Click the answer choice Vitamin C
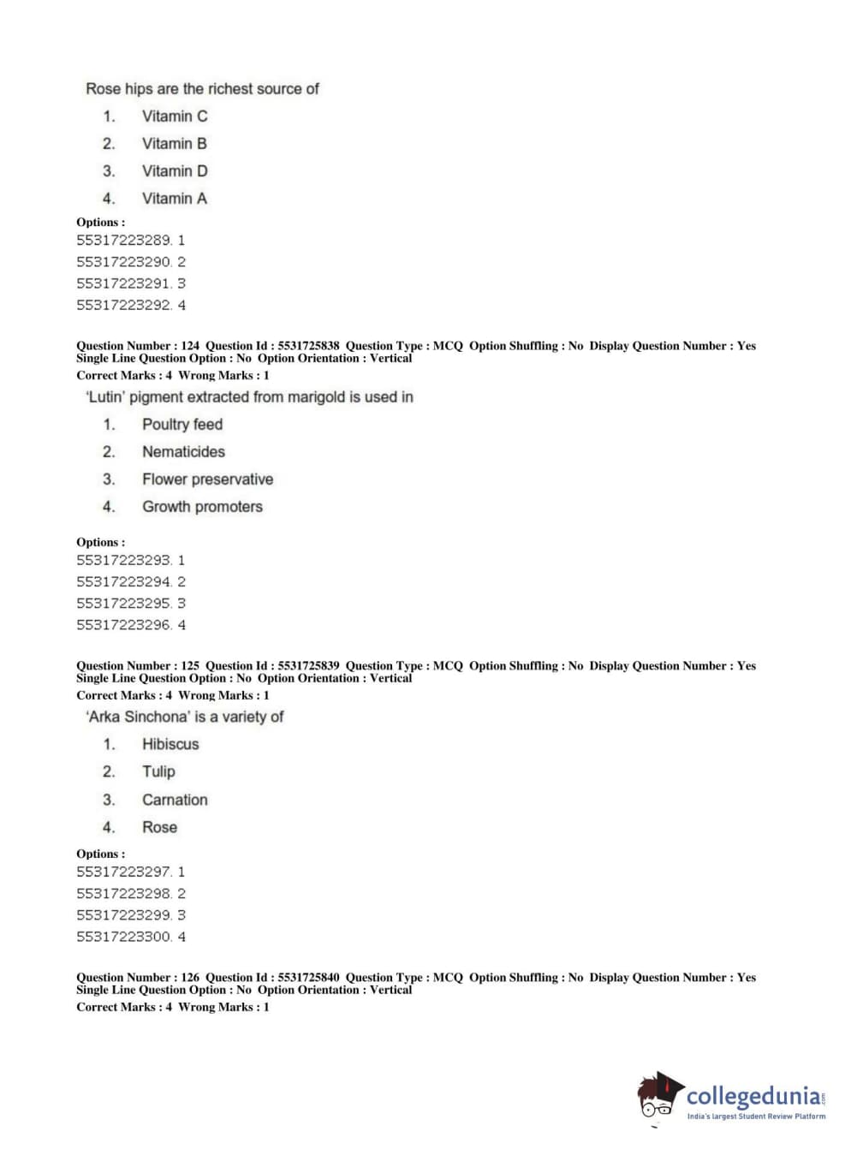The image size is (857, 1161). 174,116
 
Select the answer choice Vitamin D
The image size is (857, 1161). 174,171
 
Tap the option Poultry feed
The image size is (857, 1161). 182,425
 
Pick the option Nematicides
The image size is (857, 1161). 183,452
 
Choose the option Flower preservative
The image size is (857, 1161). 207,479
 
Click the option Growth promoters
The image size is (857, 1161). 202,507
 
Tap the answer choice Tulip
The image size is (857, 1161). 158,772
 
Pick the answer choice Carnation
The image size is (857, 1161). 175,800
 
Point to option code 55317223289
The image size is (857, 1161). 124,241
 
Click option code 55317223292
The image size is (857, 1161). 124,305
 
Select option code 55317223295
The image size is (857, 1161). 124,604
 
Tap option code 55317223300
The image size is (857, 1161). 124,937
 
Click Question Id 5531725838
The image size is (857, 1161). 308,346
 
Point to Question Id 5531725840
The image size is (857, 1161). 308,977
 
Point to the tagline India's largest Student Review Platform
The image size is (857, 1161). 756,1116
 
